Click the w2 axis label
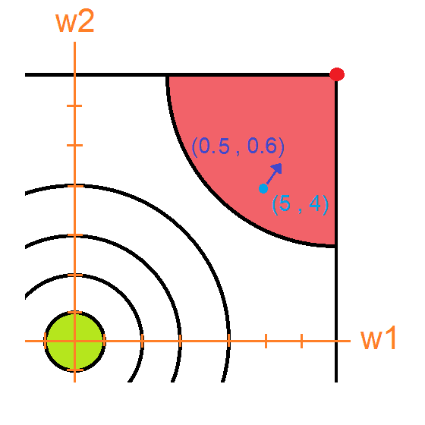(75, 22)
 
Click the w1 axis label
(378, 338)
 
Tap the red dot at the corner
(337, 74)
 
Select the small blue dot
(263, 188)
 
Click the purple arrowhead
(278, 168)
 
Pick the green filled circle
(75, 342)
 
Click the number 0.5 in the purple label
(214, 146)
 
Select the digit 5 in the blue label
(285, 203)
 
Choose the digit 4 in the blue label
(314, 203)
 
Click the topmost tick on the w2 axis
(74, 106)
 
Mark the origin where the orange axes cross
(75, 341)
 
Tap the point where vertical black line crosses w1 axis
(336, 341)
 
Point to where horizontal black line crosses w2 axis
(75, 74)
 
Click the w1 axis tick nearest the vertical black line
(302, 341)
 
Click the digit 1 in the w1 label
(390, 338)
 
